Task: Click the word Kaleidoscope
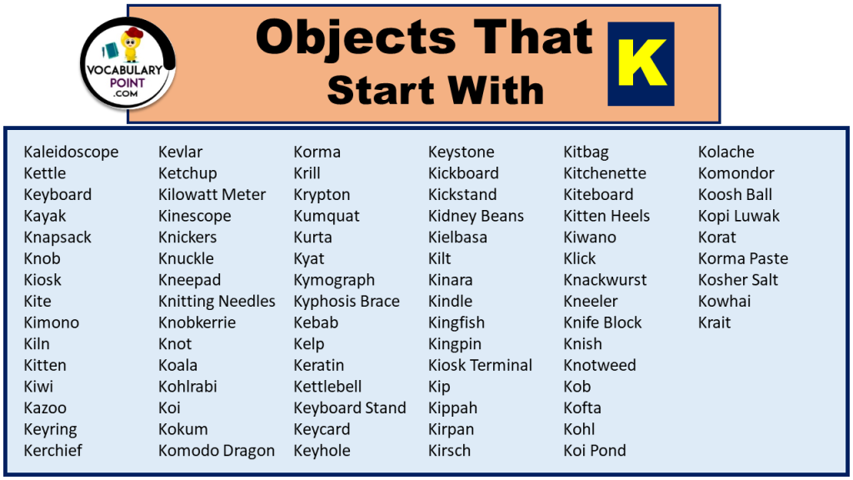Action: [x=71, y=152]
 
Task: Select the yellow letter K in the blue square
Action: [x=641, y=63]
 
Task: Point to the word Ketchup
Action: [x=187, y=173]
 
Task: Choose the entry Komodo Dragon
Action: [x=217, y=451]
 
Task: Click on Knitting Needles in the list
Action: [x=217, y=302]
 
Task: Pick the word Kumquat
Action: [x=327, y=216]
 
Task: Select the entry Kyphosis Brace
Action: [x=347, y=302]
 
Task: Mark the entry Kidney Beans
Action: [x=476, y=216]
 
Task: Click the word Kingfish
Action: [x=456, y=322]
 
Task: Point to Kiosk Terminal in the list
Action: [x=480, y=365]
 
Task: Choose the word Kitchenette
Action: [x=605, y=173]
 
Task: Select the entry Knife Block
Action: [x=602, y=322]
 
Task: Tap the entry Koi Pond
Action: [x=595, y=451]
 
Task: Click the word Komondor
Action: [x=736, y=173]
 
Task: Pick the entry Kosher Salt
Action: [x=738, y=280]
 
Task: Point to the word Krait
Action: [x=714, y=322]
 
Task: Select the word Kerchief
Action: [x=52, y=451]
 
